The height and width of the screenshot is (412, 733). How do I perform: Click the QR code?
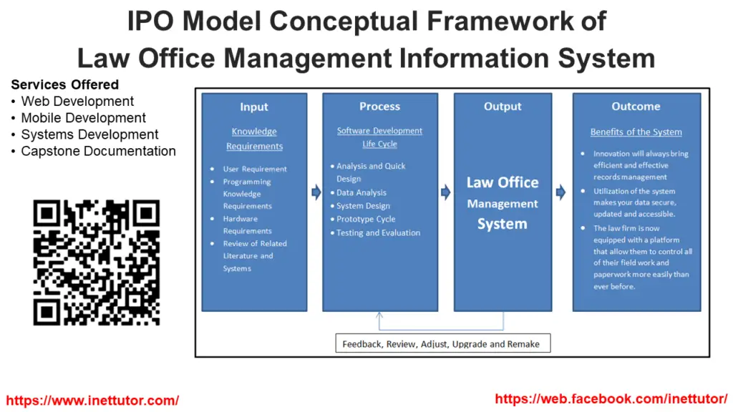click(96, 263)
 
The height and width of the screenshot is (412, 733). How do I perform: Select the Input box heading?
click(254, 107)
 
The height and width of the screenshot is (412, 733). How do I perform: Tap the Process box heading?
click(379, 107)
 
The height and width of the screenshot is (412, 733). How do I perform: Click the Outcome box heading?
click(636, 107)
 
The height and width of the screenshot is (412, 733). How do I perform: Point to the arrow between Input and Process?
click(316, 192)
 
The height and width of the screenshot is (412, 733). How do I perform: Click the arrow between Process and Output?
click(445, 192)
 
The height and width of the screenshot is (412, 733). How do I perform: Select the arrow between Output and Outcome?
click(561, 192)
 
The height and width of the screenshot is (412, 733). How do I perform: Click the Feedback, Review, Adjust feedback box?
click(441, 344)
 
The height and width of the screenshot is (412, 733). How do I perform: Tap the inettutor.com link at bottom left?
click(92, 401)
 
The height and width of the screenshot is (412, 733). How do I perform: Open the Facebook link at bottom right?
click(611, 399)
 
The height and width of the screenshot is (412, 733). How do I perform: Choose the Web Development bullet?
click(77, 102)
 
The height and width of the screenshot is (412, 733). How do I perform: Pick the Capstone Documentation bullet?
click(98, 151)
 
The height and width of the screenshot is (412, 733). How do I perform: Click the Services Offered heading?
click(65, 85)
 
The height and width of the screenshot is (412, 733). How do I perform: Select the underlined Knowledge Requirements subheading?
click(254, 139)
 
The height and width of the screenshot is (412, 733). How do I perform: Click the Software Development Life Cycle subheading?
click(379, 137)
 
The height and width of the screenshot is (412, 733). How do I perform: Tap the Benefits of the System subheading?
click(636, 132)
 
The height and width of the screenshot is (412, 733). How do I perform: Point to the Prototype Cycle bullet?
click(366, 220)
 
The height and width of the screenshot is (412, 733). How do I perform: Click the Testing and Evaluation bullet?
click(378, 232)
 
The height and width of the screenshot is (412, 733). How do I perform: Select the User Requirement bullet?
click(255, 170)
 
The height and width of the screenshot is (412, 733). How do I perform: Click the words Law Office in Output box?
click(503, 182)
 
